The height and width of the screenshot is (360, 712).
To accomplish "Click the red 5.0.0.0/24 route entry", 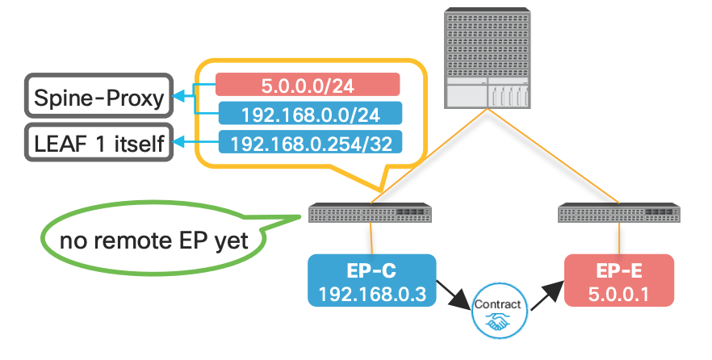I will [x=308, y=85].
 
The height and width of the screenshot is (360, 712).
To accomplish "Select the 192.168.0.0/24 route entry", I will [x=308, y=115].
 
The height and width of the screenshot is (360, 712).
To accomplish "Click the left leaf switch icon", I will [x=371, y=214].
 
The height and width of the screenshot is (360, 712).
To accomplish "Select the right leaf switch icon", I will [x=619, y=214].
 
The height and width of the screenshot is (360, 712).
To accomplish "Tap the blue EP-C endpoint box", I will [x=371, y=280].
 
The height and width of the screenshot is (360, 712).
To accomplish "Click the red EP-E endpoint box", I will [x=619, y=280].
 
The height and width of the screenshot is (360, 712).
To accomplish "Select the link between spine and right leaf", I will [x=557, y=157].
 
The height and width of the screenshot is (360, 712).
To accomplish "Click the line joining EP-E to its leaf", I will [x=619, y=238].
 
